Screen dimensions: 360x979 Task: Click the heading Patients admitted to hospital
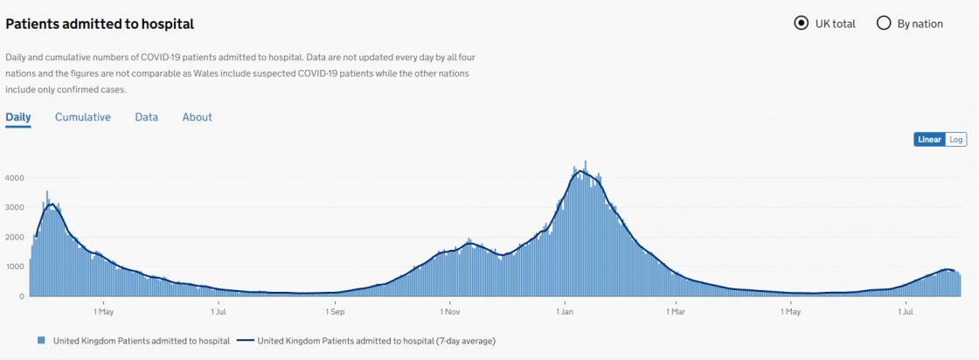[x=100, y=24]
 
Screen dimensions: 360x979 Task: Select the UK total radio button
[x=801, y=24]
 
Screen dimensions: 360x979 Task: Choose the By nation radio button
[x=883, y=24]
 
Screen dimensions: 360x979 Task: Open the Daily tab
[x=18, y=117]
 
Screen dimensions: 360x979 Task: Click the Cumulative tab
[x=83, y=117]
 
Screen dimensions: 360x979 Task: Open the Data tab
[x=147, y=117]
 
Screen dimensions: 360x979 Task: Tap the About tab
[x=198, y=117]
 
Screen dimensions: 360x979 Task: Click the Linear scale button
[x=929, y=140]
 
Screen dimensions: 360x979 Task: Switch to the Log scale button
[x=956, y=140]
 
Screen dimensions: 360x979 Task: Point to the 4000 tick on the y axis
[x=14, y=178]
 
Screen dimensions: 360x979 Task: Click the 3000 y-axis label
[x=14, y=208]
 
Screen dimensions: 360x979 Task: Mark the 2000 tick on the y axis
[x=14, y=238]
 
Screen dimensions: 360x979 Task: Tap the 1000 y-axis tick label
[x=14, y=267]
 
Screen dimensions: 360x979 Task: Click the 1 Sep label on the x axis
[x=335, y=311]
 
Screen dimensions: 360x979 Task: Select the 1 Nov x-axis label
[x=449, y=311]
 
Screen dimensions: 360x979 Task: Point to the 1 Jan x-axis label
[x=564, y=311]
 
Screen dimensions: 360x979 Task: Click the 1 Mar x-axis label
[x=676, y=311]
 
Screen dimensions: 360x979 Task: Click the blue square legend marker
[x=40, y=340]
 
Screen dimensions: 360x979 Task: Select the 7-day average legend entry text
[x=383, y=340]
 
